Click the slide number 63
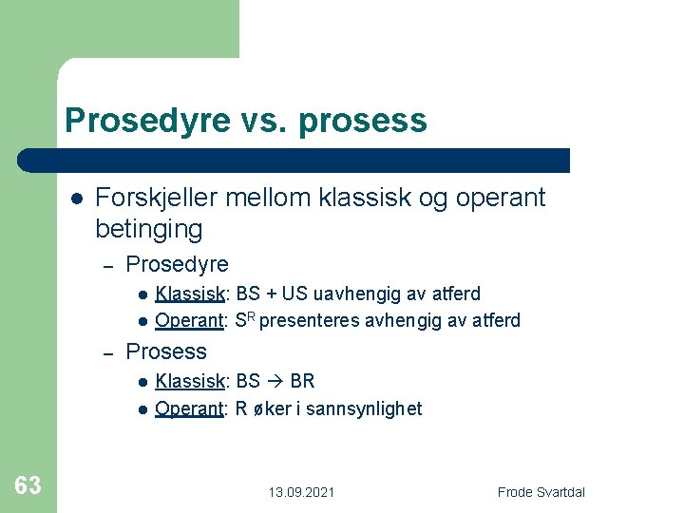click(x=28, y=485)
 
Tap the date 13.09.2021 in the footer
click(x=301, y=492)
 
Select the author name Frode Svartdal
click(x=541, y=492)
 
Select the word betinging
click(x=149, y=229)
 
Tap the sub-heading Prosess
click(x=166, y=351)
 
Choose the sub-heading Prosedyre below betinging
click(x=177, y=264)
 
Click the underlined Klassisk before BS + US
click(x=190, y=294)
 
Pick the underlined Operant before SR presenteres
click(x=189, y=320)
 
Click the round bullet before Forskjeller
click(x=76, y=199)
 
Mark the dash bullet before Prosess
click(x=108, y=352)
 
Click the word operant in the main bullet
click(x=501, y=198)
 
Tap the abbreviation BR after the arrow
click(x=302, y=382)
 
